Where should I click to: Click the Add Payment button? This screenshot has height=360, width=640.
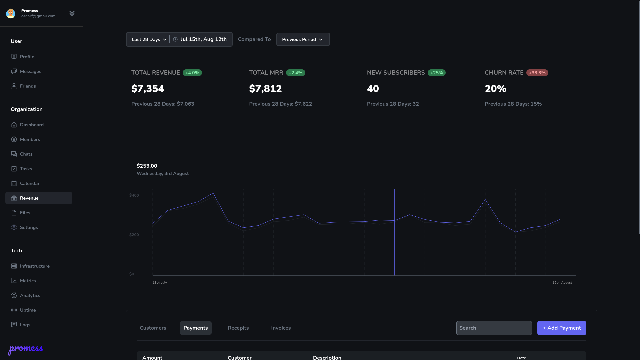(x=562, y=328)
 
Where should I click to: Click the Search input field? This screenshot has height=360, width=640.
(x=494, y=328)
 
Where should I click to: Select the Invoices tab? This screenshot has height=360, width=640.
(x=281, y=328)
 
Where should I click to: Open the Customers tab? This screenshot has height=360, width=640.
(x=153, y=328)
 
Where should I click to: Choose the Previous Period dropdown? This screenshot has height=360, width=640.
(x=303, y=39)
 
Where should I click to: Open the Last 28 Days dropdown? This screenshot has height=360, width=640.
(x=149, y=39)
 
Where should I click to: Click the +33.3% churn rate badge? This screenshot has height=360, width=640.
(x=537, y=73)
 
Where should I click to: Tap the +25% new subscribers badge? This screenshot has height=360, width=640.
(x=436, y=73)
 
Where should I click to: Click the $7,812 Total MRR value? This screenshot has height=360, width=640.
(x=265, y=89)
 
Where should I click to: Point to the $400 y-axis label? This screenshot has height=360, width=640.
(x=134, y=195)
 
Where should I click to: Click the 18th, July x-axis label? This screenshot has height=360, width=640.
(x=160, y=283)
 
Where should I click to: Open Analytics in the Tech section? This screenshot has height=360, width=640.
(x=30, y=295)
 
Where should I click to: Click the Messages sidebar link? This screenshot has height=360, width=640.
(x=30, y=71)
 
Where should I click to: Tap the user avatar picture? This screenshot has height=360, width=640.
(x=11, y=13)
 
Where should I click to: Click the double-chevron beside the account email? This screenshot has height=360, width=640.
(x=72, y=13)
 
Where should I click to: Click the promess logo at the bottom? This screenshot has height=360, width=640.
(x=25, y=349)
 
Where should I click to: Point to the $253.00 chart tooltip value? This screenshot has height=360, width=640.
(x=147, y=166)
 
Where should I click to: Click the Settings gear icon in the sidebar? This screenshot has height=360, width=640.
(x=14, y=227)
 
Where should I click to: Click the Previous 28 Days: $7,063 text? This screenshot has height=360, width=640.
(x=163, y=104)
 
